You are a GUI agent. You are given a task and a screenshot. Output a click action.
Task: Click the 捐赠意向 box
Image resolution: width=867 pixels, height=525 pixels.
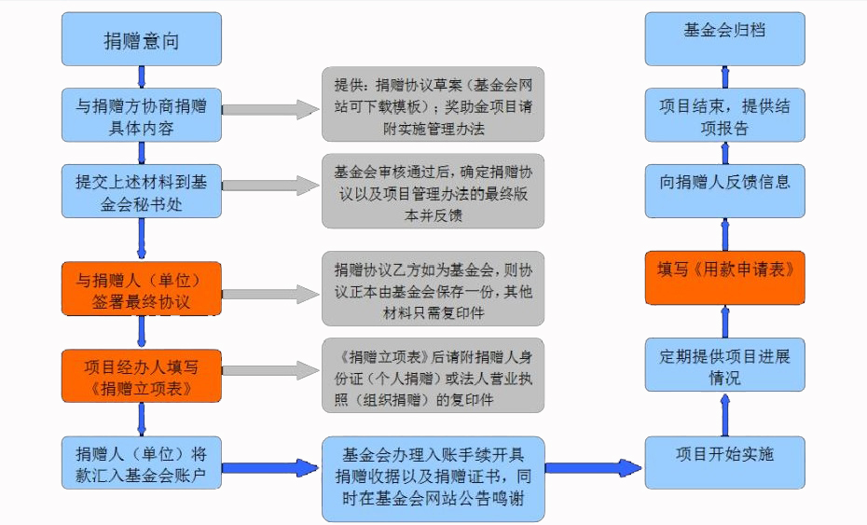(x=142, y=39)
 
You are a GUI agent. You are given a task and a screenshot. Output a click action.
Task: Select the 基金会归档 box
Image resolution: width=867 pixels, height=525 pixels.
(x=725, y=39)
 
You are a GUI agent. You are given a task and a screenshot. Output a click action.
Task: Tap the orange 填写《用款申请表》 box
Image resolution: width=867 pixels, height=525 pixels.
(x=725, y=278)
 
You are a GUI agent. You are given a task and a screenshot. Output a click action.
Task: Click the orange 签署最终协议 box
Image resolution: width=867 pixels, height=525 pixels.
(x=142, y=289)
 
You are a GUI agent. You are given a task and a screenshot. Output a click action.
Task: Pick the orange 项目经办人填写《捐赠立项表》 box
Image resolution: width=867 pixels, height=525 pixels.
(x=142, y=376)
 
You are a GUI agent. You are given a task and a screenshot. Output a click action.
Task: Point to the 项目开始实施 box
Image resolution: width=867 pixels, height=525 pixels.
(x=725, y=463)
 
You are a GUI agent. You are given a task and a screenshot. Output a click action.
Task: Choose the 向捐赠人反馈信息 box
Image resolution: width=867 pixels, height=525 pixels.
(x=725, y=191)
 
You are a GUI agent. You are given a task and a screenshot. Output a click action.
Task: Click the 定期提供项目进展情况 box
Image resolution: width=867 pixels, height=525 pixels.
(x=725, y=365)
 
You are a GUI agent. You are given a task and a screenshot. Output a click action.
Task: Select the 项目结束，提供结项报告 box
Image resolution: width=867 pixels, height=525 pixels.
(x=725, y=115)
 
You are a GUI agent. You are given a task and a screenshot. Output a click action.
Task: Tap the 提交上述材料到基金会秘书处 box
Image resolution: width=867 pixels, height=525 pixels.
(x=142, y=191)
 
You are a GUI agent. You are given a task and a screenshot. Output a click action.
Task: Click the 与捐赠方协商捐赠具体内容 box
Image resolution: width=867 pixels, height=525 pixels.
(x=142, y=115)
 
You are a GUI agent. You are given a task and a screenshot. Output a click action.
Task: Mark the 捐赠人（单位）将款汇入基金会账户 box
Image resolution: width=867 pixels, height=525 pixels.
(x=142, y=463)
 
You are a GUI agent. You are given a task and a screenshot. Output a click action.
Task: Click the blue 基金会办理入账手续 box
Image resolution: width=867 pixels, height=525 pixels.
(x=433, y=479)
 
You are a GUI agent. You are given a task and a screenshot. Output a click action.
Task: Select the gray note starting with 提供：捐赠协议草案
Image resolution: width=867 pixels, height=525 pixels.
(x=433, y=104)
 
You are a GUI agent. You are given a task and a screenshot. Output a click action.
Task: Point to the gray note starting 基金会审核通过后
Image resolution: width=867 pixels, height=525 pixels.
(x=433, y=191)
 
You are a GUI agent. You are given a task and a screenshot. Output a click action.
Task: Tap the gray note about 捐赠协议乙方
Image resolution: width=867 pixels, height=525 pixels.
(x=433, y=289)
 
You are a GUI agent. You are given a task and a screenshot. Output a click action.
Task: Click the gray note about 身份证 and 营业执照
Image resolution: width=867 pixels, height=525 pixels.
(x=433, y=376)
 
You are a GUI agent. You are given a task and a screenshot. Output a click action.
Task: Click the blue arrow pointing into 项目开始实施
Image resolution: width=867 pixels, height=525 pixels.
(x=594, y=468)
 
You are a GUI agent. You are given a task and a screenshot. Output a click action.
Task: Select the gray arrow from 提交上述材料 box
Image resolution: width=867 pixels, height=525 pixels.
(x=271, y=186)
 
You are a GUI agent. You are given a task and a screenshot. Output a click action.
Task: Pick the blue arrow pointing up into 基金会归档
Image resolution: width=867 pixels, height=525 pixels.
(x=725, y=76)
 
